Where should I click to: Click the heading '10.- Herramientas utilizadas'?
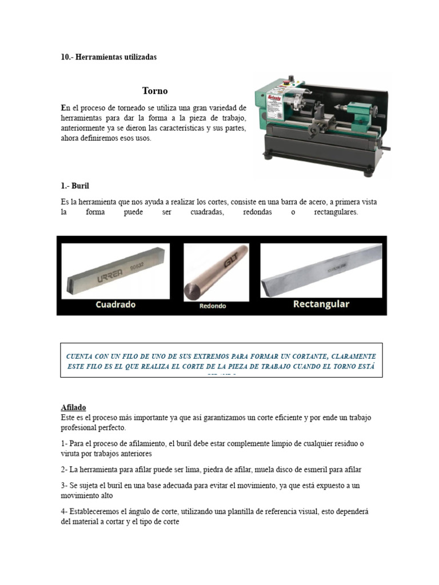[x=109, y=58]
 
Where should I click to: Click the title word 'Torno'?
[x=155, y=91]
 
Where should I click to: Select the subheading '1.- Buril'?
[x=75, y=186]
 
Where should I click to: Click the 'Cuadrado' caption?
[x=115, y=304]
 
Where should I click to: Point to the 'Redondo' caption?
[x=213, y=306]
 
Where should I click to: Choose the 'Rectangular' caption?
[x=321, y=304]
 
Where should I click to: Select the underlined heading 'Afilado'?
[x=73, y=407]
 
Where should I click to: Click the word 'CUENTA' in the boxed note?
[x=83, y=355]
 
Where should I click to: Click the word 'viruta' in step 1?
[x=70, y=454]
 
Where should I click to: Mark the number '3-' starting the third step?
[x=64, y=486]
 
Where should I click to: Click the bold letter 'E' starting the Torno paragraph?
[x=63, y=108]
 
